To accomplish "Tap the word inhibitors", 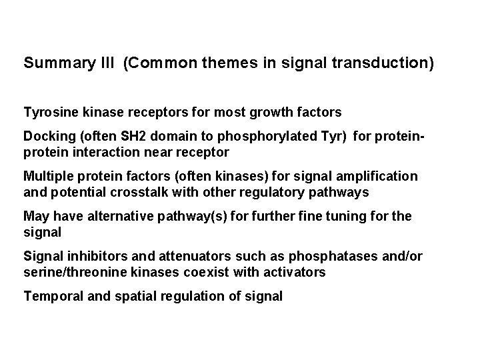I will pos(91,257).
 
